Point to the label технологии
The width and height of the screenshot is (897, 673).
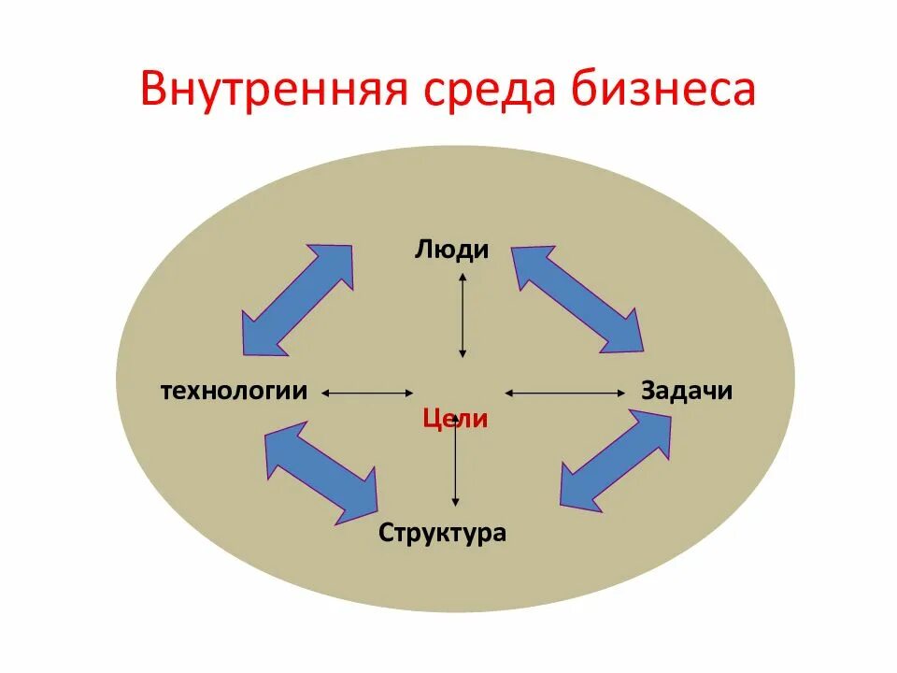click(x=234, y=390)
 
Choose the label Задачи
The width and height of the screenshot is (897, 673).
click(x=687, y=390)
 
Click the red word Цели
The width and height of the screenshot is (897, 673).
click(x=455, y=419)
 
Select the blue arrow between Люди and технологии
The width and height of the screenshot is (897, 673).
click(x=297, y=300)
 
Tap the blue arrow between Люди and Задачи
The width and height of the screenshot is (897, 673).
click(x=577, y=298)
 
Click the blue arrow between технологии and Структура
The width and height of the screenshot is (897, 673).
click(x=321, y=471)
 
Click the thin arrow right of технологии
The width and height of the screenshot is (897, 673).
click(x=368, y=394)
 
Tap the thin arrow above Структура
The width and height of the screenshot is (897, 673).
click(x=455, y=463)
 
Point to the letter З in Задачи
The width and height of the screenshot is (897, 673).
click(x=648, y=390)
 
